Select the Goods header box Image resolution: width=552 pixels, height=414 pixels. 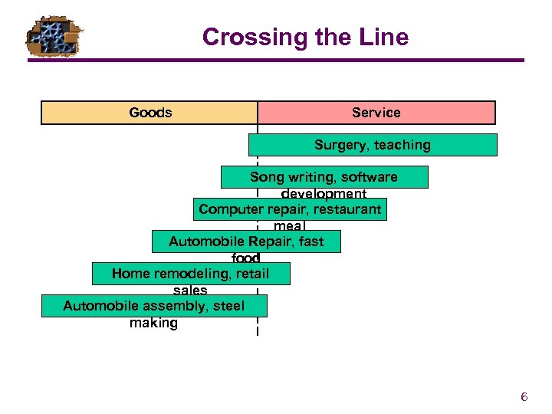[149, 113]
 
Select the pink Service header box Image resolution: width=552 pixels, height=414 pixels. [376, 113]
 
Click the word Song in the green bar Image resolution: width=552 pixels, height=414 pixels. [266, 177]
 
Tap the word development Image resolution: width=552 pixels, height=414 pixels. [324, 194]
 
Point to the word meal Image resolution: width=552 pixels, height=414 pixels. [289, 226]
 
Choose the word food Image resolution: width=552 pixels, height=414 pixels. [246, 258]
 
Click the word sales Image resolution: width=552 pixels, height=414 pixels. [190, 291]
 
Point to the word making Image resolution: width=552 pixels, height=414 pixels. [153, 323]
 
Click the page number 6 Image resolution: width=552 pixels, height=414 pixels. [524, 397]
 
